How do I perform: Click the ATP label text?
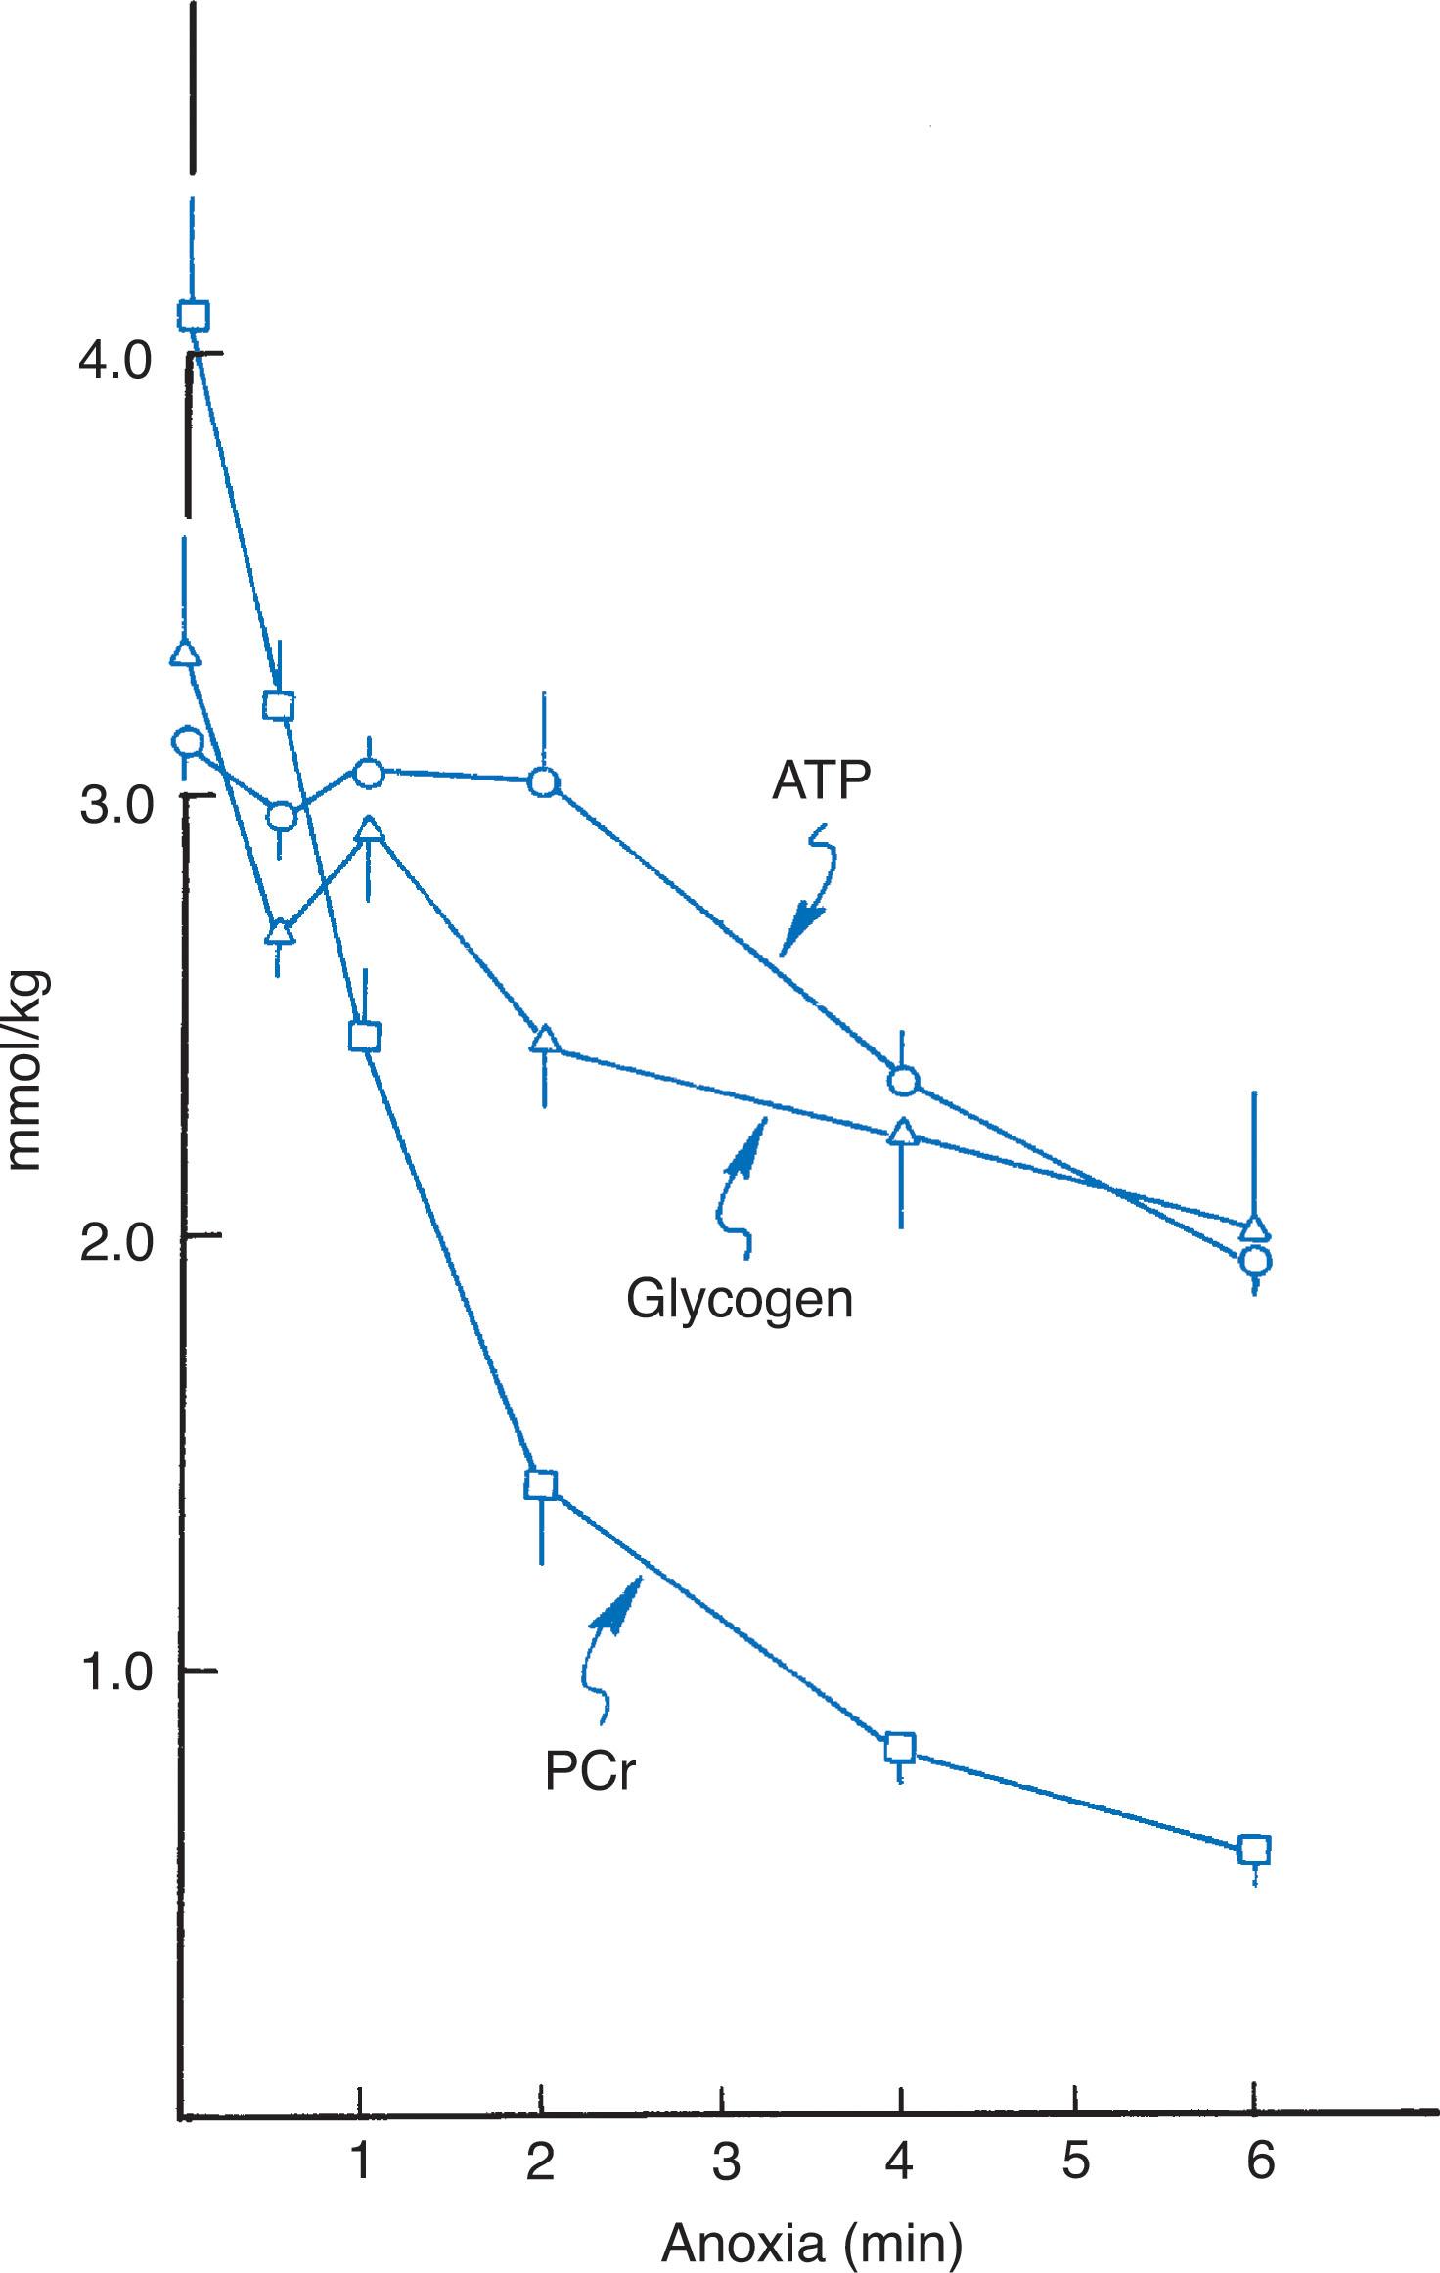tap(821, 781)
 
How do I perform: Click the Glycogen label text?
tap(740, 1301)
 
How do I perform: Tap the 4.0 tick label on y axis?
tap(115, 363)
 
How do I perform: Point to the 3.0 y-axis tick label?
tap(115, 807)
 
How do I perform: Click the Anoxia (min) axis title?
tap(811, 2235)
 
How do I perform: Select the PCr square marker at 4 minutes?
tap(900, 1747)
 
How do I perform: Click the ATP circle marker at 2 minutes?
tap(544, 782)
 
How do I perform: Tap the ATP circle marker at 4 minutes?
tap(903, 1082)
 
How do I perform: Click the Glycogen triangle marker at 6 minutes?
tap(1255, 1228)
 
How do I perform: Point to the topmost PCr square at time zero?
tap(194, 315)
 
